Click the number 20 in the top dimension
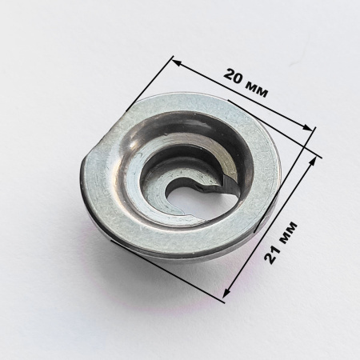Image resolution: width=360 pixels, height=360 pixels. (234, 77)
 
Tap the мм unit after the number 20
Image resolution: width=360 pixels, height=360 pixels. (258, 89)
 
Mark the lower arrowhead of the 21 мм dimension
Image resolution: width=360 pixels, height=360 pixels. (227, 293)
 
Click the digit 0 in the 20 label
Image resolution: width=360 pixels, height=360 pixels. (238, 79)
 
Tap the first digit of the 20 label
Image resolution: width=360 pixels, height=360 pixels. (229, 74)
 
